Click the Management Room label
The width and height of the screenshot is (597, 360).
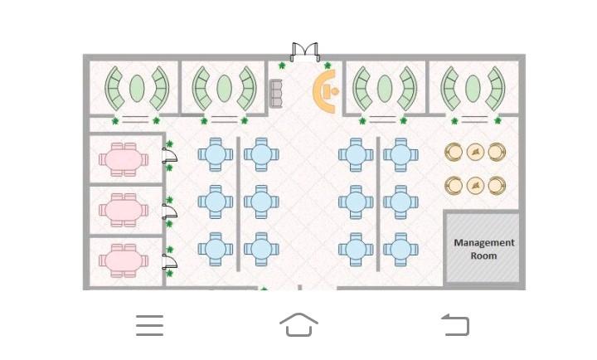(484, 249)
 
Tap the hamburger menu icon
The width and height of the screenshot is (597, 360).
(149, 325)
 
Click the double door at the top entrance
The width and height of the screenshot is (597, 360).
(305, 53)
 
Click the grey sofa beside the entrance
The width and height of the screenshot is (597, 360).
(276, 93)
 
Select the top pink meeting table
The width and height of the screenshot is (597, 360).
(124, 159)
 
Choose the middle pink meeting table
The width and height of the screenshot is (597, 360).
(124, 210)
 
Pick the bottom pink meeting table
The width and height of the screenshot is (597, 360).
(124, 260)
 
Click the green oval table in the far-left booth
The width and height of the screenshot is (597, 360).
(137, 88)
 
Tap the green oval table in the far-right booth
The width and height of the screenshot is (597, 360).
(473, 88)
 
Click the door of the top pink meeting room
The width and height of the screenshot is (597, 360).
(169, 155)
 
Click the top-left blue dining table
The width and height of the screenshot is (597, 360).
(215, 154)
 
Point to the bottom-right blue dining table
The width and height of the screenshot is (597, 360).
(400, 248)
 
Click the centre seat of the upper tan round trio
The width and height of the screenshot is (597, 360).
(474, 152)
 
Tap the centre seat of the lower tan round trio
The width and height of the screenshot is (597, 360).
(474, 186)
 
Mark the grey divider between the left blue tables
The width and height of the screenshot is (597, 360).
(239, 204)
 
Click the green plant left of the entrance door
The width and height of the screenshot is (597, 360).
(282, 66)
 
